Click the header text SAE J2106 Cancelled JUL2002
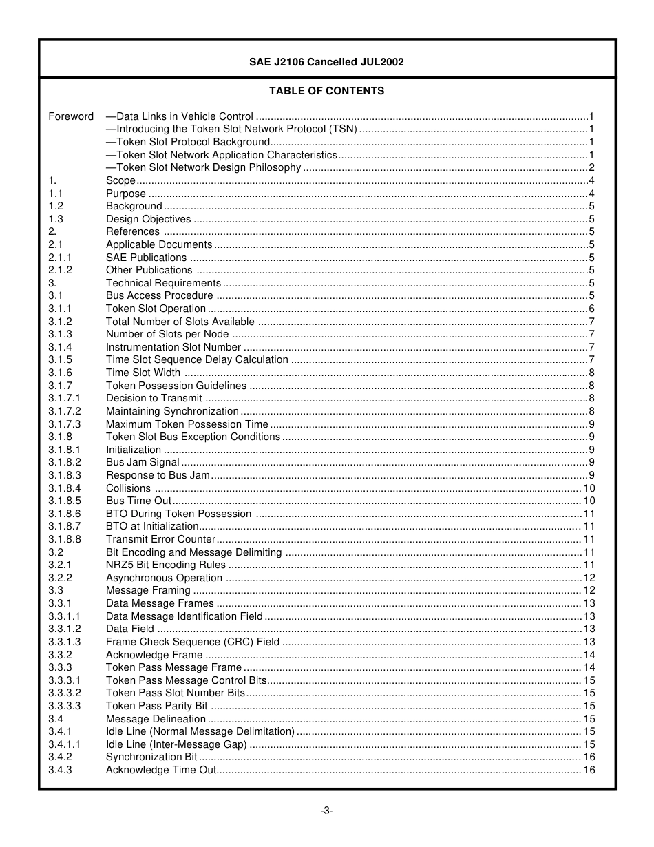point(326,62)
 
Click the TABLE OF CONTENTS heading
point(326,91)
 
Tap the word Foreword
point(71,116)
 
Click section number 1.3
point(56,219)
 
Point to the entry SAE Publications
point(146,258)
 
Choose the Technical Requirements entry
point(163,283)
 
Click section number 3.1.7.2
point(64,411)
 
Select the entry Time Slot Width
point(143,373)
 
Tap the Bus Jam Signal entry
point(143,463)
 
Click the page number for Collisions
point(589,488)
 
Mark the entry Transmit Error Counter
point(160,539)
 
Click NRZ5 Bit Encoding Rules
point(166,565)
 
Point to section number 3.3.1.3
point(64,642)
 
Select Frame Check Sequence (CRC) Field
point(193,642)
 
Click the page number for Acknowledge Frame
point(589,655)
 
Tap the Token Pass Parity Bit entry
point(157,706)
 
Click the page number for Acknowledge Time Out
point(589,770)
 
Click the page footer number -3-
point(326,811)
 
